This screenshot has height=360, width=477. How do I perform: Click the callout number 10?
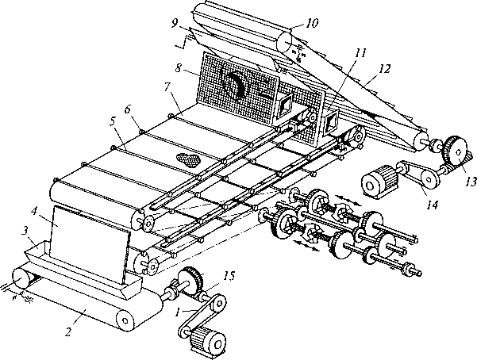(311, 23)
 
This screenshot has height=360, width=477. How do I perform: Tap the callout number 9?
(175, 24)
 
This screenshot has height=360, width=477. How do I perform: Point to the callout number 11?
(360, 53)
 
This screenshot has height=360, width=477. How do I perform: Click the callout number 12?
(384, 69)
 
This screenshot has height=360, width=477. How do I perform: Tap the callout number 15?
(229, 276)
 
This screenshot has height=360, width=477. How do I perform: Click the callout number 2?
(68, 331)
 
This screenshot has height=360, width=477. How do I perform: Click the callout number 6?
(127, 109)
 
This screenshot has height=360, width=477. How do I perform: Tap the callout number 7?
(167, 87)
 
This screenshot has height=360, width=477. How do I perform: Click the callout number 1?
(177, 312)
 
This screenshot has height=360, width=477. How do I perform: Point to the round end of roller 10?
(285, 43)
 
